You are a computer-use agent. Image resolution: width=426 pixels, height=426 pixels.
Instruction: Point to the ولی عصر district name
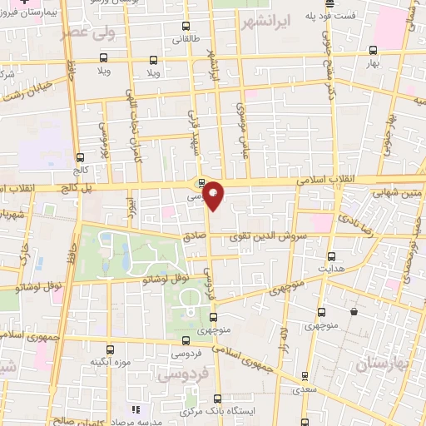point(82,34)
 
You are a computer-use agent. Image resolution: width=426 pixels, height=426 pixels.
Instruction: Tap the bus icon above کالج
point(81,157)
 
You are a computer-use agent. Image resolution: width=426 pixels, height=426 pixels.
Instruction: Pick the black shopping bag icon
point(354,312)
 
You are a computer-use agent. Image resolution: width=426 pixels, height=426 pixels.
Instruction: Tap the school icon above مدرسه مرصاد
point(135,409)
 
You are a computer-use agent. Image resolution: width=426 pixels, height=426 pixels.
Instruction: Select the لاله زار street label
point(284,325)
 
